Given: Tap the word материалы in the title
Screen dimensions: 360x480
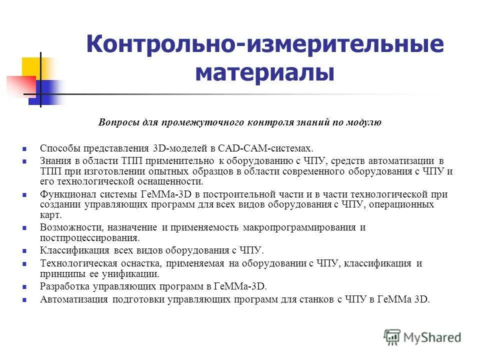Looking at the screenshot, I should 264,73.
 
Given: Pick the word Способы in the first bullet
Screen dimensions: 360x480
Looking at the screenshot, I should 58,148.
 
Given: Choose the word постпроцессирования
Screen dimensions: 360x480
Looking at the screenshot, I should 89,237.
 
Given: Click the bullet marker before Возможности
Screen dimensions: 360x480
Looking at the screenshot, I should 24,228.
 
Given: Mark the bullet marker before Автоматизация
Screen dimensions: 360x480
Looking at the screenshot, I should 24,300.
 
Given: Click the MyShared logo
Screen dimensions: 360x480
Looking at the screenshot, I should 422,337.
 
